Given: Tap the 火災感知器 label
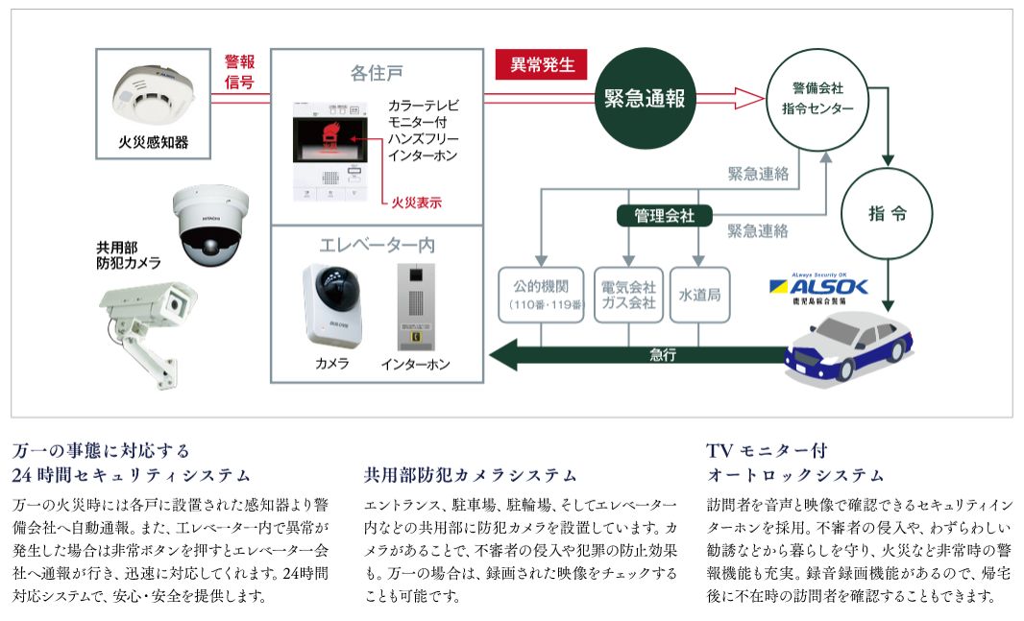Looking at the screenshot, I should coord(154,143).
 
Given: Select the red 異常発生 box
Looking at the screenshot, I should coord(542,64).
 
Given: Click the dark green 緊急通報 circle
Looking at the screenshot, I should coord(644,98).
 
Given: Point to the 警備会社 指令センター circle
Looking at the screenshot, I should coord(817,98).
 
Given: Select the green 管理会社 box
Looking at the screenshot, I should coord(664,215).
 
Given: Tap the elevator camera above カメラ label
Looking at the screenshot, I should coord(332,302).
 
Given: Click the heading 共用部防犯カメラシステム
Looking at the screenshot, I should coord(471,474).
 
